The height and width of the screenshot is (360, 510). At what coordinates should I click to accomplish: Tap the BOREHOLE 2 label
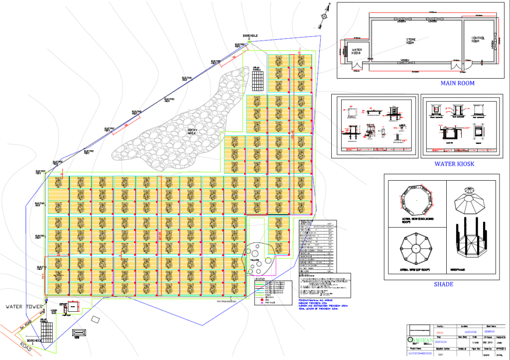(250, 37)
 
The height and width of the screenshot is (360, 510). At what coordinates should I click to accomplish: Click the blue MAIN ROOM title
(457, 83)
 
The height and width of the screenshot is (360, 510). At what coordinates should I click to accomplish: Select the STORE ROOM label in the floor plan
(410, 40)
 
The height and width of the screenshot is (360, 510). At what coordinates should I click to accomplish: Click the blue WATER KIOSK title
(454, 163)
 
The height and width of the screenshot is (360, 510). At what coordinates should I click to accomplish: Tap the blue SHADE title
(443, 284)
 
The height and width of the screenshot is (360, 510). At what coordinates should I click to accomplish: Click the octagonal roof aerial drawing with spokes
(414, 247)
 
